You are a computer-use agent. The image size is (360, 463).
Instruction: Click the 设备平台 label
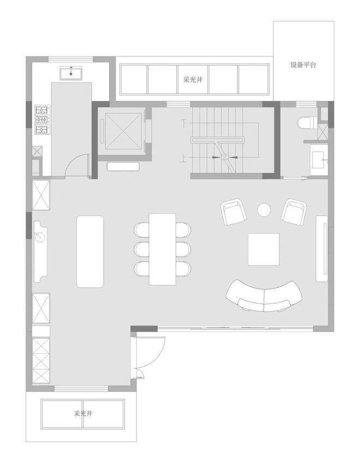[x=303, y=65]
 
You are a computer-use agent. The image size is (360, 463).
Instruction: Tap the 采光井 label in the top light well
[x=193, y=80]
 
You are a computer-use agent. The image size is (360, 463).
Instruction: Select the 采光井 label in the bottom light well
[x=83, y=413]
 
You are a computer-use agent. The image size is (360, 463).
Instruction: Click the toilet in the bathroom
[x=308, y=123]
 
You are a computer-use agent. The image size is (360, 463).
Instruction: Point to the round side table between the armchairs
[x=263, y=210]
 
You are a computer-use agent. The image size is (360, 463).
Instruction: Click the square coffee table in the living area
[x=263, y=249]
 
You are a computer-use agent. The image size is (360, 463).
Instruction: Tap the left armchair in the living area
[x=234, y=212]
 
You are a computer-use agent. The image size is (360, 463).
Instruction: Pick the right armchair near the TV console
[x=294, y=212]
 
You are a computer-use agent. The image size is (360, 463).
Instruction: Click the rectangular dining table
[x=163, y=249]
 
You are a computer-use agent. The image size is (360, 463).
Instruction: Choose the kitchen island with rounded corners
[x=90, y=251]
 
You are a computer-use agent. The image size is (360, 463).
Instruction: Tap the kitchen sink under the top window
[x=71, y=73]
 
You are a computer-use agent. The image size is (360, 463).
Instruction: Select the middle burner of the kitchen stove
[x=42, y=120]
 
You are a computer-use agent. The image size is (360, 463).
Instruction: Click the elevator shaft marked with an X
[x=123, y=131]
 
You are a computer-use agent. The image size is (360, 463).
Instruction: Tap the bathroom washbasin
[x=320, y=160]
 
